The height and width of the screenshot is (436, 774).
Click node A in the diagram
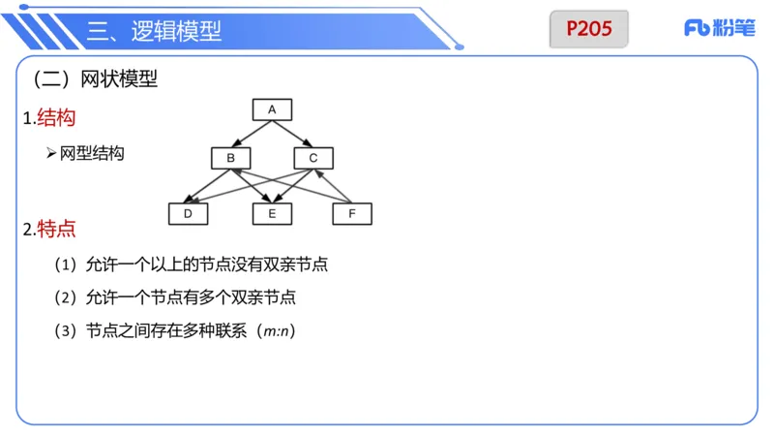(272, 109)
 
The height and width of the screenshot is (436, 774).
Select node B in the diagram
(230, 158)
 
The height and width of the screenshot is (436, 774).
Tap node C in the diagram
(313, 158)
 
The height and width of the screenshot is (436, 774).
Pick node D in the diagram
(189, 213)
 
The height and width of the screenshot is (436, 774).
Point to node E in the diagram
(272, 213)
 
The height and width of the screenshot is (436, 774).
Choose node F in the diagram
(352, 213)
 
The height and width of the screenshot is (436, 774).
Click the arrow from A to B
(251, 134)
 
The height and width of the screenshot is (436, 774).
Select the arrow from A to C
(292, 134)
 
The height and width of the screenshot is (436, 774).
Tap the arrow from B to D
(209, 186)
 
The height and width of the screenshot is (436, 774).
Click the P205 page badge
(589, 29)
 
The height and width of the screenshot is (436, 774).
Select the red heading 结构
(55, 118)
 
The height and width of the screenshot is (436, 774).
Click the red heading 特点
(55, 230)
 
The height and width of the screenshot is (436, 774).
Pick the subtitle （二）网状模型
(95, 80)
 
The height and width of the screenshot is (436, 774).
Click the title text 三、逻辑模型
(154, 31)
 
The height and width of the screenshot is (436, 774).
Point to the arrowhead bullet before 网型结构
(51, 153)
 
